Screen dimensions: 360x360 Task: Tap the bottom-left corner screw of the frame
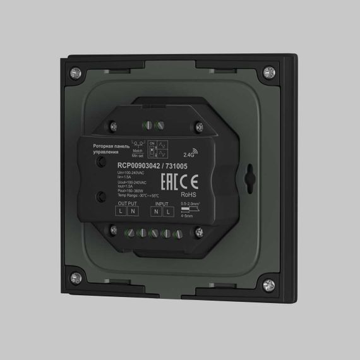coord(76,275)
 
